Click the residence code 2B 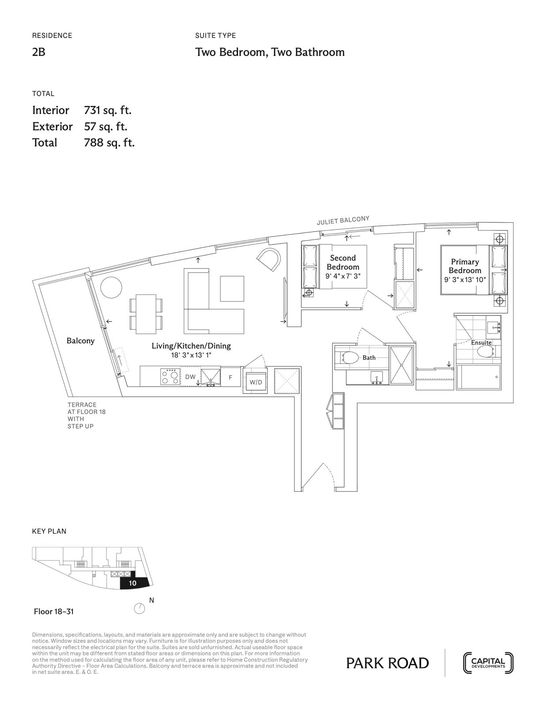[39, 52]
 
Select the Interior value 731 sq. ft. [108, 110]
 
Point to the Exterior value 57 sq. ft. [106, 127]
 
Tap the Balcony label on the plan [80, 341]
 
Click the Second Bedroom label [343, 263]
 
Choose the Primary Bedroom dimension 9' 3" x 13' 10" [465, 280]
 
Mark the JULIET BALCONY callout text [343, 221]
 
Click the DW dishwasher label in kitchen [190, 377]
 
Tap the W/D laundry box [256, 382]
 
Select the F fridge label [230, 378]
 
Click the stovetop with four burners [171, 376]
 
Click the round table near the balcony [111, 288]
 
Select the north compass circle [139, 609]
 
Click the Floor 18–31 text [53, 612]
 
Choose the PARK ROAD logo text [387, 663]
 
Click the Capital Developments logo [488, 663]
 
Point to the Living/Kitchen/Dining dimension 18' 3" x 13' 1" [191, 355]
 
